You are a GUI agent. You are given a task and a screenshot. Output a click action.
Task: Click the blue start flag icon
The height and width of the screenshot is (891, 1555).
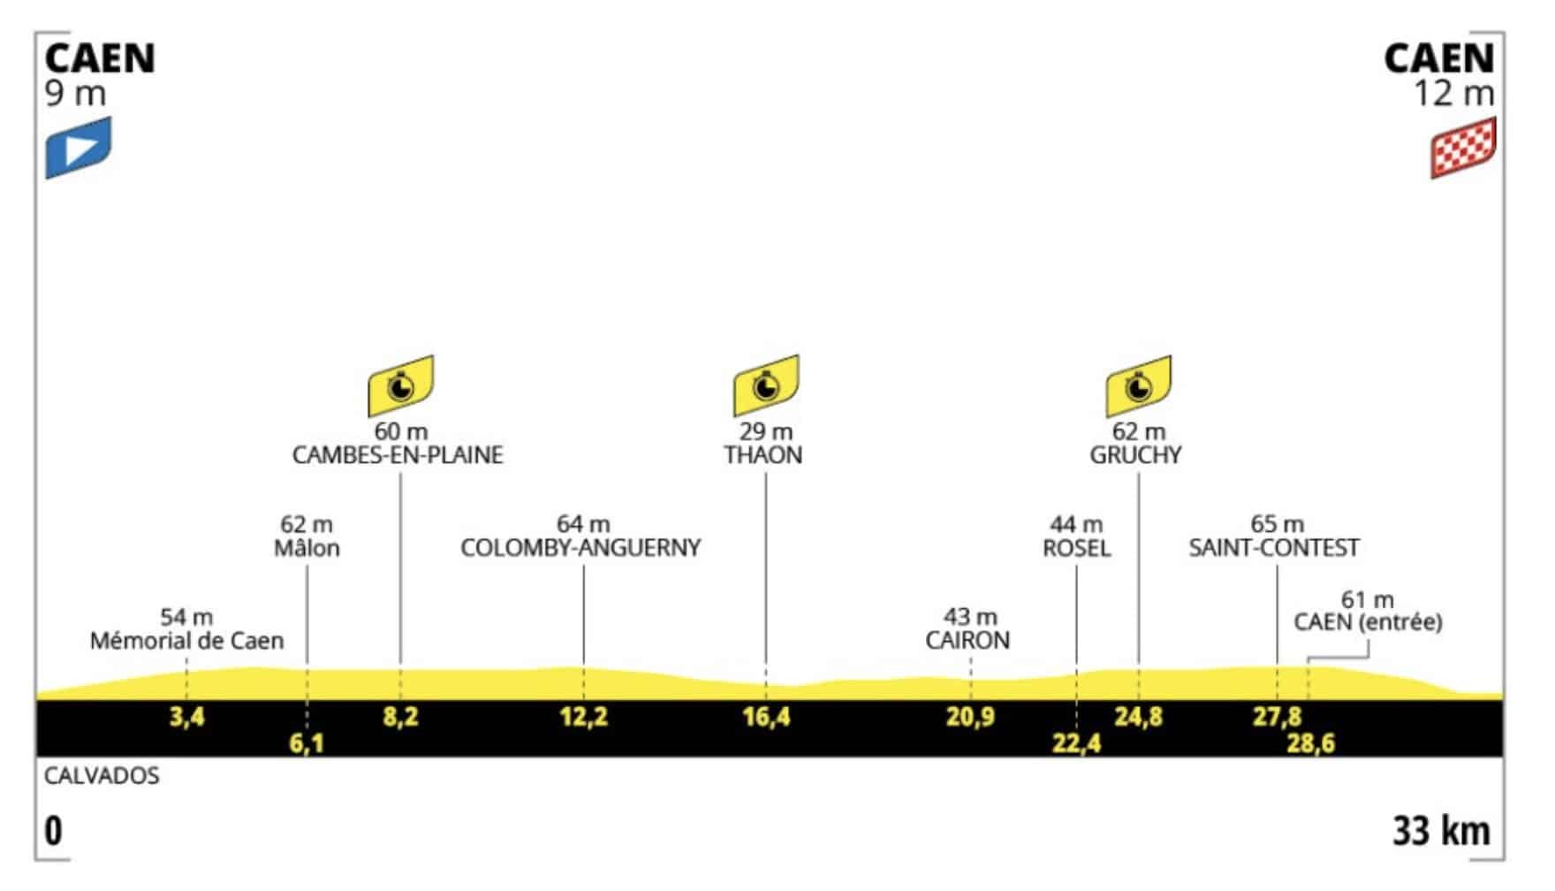[x=79, y=147]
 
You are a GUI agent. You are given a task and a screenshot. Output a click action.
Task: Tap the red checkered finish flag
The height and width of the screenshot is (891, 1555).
[x=1463, y=147]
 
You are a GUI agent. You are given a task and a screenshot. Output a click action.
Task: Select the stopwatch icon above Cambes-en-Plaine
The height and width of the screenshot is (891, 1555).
[x=401, y=385]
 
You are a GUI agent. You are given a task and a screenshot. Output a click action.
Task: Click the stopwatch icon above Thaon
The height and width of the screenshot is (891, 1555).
[x=766, y=385]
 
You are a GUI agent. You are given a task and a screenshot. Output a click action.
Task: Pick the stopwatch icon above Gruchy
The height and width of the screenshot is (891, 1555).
[x=1139, y=385]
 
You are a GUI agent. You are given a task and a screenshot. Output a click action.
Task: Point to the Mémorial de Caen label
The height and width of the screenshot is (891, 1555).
[x=186, y=640]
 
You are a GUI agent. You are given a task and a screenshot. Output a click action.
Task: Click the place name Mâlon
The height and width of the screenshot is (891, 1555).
[x=307, y=548]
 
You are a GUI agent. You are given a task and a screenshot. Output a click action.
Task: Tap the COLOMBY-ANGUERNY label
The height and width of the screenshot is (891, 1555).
[x=580, y=548]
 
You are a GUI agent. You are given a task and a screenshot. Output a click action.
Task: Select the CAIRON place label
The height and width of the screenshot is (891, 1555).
[x=967, y=640]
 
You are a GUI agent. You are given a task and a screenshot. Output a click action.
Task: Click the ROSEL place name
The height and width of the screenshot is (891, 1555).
[x=1076, y=548]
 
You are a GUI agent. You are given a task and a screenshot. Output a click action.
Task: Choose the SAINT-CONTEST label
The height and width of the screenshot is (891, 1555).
[x=1274, y=548]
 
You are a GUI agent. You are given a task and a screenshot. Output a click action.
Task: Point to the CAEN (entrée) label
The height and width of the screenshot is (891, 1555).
[x=1368, y=622]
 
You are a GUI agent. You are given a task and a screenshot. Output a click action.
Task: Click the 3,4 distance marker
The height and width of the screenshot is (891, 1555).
[x=187, y=716]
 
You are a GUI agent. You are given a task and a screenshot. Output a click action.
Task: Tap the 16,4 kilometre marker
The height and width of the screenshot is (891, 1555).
[x=767, y=716]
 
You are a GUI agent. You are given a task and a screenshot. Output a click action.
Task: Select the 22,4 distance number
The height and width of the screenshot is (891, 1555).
[x=1077, y=743]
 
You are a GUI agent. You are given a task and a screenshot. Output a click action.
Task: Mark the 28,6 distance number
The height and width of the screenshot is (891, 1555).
[x=1310, y=743]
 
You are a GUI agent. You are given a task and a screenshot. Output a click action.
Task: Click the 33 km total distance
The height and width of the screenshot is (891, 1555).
[x=1442, y=832]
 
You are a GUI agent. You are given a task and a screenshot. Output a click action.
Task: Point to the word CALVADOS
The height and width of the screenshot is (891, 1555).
[x=102, y=776]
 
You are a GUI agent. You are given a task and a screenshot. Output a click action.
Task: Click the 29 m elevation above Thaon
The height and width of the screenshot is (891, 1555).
[x=766, y=432]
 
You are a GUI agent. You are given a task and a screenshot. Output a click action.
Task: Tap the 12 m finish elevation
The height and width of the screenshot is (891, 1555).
[x=1454, y=93]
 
